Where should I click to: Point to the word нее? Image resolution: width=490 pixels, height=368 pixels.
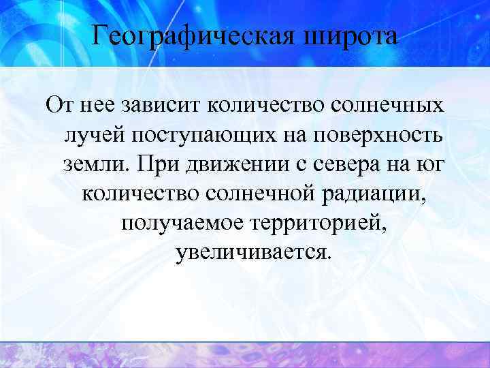tap(99, 106)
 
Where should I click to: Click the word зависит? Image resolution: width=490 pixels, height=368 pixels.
tap(161, 106)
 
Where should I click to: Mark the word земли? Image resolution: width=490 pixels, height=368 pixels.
tap(93, 164)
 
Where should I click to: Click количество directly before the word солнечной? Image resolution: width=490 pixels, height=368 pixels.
tap(141, 194)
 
